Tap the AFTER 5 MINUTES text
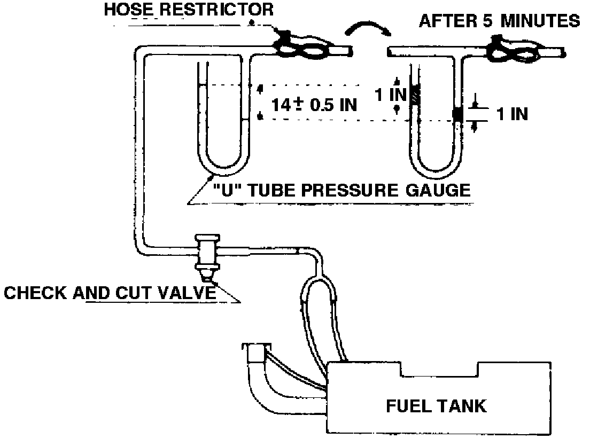tap(499, 21)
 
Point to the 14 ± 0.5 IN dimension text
tap(314, 104)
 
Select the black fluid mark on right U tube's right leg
tap(457, 114)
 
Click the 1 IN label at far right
tap(511, 114)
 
